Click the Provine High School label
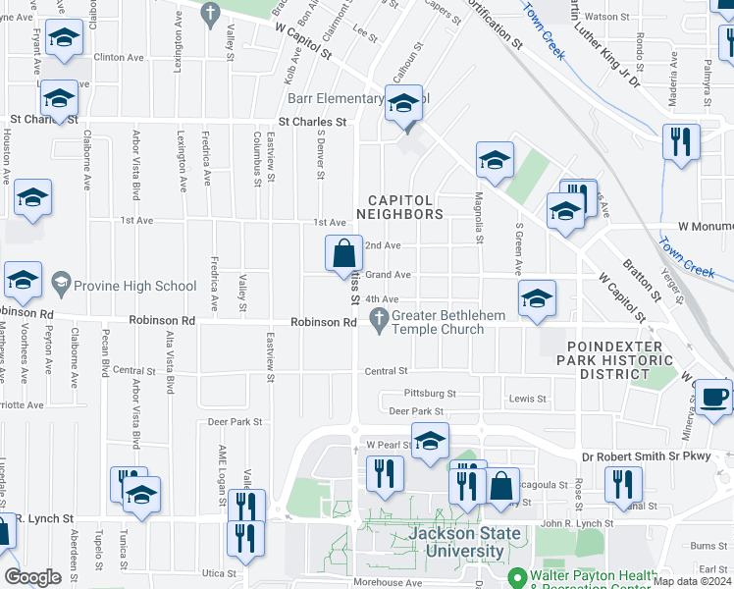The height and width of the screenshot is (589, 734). click(x=135, y=286)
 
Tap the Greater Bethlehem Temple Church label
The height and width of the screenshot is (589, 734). click(x=438, y=322)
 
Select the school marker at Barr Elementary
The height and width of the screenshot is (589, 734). click(x=402, y=103)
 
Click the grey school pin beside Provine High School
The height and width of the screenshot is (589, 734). click(x=61, y=286)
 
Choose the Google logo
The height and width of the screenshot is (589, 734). click(x=32, y=577)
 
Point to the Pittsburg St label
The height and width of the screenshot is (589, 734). click(x=423, y=394)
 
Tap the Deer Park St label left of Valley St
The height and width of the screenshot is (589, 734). click(x=235, y=421)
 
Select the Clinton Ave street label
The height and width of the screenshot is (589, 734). click(x=121, y=58)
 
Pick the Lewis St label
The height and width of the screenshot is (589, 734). click(x=526, y=399)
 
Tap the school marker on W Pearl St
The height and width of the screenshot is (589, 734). click(x=430, y=442)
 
